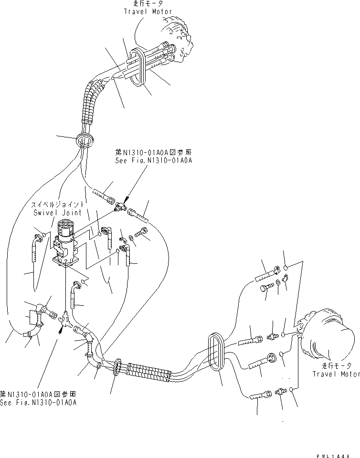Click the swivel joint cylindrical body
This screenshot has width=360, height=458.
66,234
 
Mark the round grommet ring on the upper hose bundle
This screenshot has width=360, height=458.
84,139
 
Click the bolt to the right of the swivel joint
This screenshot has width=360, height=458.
142,233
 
